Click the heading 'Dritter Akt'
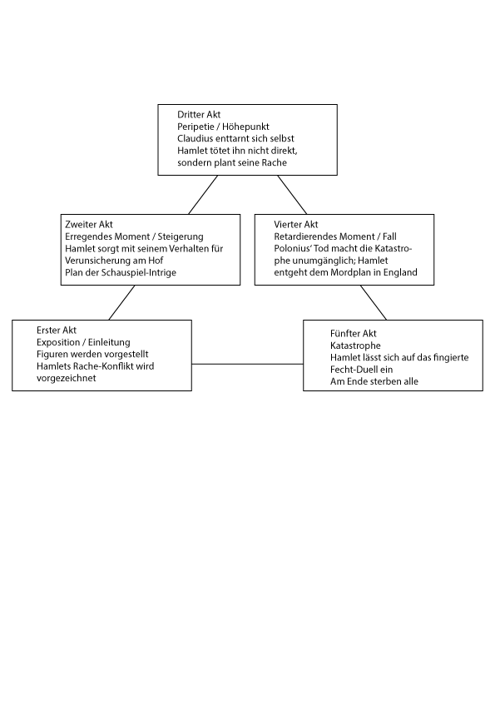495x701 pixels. (199, 114)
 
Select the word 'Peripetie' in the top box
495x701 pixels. (196, 127)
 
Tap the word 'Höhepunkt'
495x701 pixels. (245, 127)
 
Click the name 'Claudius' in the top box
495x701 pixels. (195, 138)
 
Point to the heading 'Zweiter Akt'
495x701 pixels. (89, 225)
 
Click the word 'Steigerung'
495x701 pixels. (180, 236)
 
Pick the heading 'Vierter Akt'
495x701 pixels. (296, 225)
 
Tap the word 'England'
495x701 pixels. (399, 272)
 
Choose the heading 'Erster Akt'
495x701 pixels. (57, 331)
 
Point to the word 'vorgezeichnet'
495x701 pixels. (66, 378)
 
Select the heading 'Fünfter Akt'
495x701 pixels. (354, 334)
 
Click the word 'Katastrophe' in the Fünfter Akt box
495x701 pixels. (355, 346)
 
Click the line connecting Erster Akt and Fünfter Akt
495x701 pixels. (248, 364)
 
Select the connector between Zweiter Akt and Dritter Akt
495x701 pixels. (203, 195)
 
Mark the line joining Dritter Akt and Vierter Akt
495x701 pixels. (292, 195)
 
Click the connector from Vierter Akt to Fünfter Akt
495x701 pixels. (374, 303)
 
